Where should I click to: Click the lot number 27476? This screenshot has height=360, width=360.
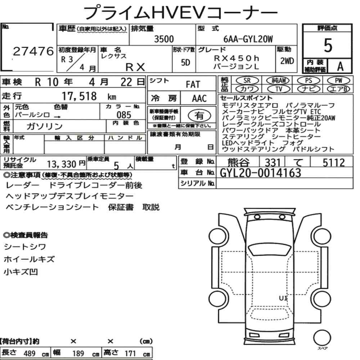tap(33, 51)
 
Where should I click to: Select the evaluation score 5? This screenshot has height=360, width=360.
tap(328, 45)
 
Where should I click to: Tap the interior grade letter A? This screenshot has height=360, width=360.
tap(340, 66)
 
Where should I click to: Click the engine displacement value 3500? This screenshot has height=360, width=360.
tap(164, 39)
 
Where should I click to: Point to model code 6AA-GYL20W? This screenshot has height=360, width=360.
tap(248, 39)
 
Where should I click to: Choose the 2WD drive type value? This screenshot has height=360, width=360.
tap(287, 61)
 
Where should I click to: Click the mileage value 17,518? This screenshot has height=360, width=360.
tap(79, 96)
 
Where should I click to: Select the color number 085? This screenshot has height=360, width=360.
tap(124, 115)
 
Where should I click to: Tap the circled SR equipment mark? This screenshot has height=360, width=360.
tap(247, 80)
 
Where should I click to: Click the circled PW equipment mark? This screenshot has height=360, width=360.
tap(339, 80)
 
